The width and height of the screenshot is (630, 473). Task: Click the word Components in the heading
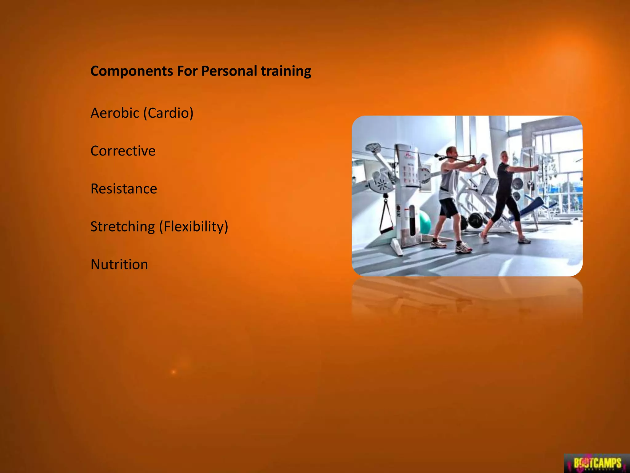click(x=132, y=71)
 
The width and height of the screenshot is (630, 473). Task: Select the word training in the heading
click(x=286, y=71)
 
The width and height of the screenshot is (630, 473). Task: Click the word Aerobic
click(x=114, y=113)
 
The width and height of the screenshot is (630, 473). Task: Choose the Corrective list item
click(x=123, y=151)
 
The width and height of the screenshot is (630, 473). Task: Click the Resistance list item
click(x=124, y=189)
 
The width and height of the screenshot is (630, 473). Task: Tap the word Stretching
click(x=122, y=227)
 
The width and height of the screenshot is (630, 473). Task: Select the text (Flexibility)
click(x=193, y=227)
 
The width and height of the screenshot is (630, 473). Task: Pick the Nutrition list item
click(x=119, y=265)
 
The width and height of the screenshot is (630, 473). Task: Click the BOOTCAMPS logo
click(x=597, y=463)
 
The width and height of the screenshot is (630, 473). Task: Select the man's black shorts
click(x=449, y=207)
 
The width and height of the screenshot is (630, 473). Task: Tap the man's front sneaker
click(x=463, y=248)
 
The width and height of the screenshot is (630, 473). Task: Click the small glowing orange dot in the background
click(x=173, y=372)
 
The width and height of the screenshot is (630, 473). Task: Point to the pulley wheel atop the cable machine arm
click(x=373, y=148)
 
